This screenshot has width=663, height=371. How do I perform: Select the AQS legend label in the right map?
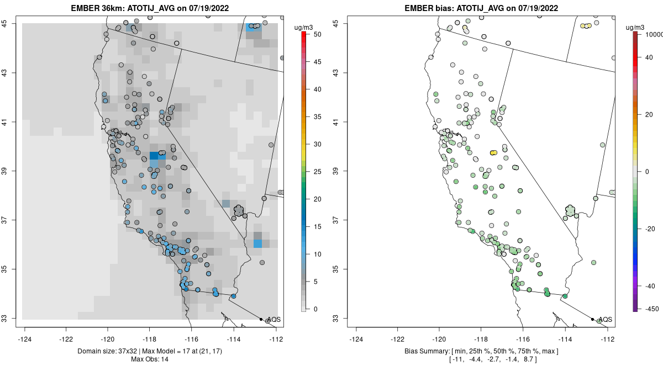[605, 320]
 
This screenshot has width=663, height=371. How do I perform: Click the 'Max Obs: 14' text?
[150, 359]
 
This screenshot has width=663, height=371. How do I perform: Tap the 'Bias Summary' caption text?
[430, 351]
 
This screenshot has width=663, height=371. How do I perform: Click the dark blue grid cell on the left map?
[154, 156]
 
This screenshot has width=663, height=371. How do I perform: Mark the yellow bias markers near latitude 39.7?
[493, 152]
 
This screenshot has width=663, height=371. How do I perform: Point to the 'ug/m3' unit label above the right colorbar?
[641, 26]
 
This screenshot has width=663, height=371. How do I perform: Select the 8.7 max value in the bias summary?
[529, 359]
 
